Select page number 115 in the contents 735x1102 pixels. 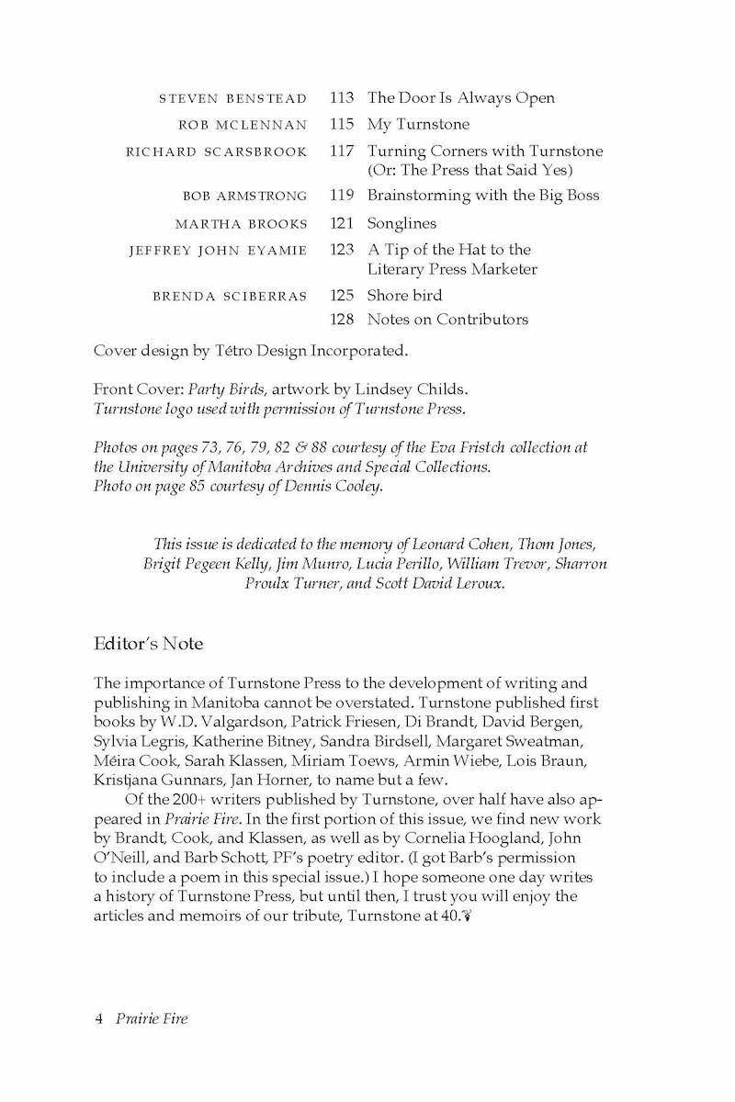(x=341, y=124)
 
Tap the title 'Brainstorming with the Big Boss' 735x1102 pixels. (x=483, y=196)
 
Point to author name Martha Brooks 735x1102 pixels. (x=241, y=224)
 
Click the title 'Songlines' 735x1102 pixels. (x=401, y=223)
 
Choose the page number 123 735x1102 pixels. (x=341, y=250)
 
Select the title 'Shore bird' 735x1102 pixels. (x=404, y=296)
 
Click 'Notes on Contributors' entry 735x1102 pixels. (x=447, y=320)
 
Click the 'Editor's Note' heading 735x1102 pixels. (x=148, y=644)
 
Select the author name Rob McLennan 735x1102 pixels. (x=243, y=125)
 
